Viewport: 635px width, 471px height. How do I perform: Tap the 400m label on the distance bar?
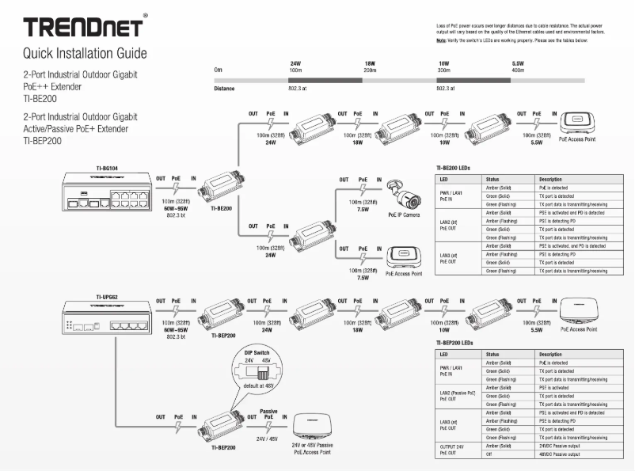[518, 70]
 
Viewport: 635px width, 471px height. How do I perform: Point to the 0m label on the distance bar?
[218, 70]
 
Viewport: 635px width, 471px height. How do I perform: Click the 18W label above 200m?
[369, 63]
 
